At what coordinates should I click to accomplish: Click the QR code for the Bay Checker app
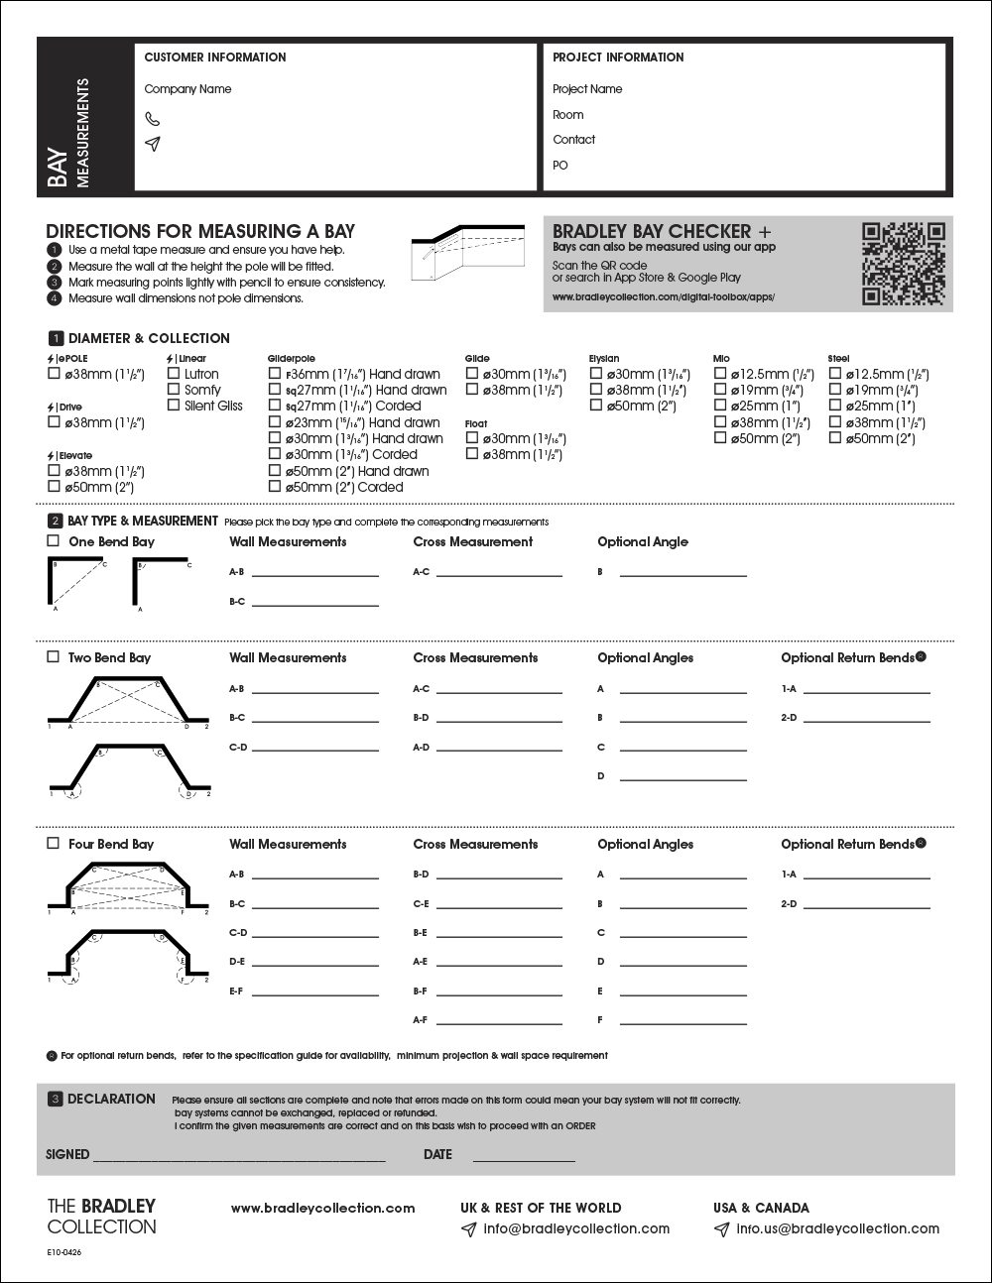tap(903, 264)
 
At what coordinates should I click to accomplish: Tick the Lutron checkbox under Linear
tap(174, 375)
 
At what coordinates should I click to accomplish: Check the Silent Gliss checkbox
tap(174, 406)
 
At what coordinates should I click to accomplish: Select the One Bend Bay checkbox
tap(54, 541)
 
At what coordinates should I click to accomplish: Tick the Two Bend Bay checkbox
tap(54, 657)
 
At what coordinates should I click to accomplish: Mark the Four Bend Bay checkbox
tap(54, 844)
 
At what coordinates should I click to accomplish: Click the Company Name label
tap(187, 89)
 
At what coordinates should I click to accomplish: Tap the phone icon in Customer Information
tap(152, 118)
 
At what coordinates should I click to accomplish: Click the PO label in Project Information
tap(560, 166)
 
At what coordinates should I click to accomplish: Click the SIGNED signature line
tap(238, 1157)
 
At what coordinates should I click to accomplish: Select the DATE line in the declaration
tap(524, 1157)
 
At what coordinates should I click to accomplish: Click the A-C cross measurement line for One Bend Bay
tap(499, 573)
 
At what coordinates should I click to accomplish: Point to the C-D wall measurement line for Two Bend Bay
tap(315, 749)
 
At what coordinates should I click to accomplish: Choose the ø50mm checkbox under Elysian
tap(596, 406)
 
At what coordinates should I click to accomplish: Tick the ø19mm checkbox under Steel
tap(835, 391)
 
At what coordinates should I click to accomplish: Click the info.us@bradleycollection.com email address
tap(837, 1228)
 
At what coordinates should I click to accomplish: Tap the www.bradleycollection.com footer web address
tap(322, 1208)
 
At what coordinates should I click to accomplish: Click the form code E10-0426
tap(64, 1253)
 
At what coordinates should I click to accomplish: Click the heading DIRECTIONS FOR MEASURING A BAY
tap(200, 231)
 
